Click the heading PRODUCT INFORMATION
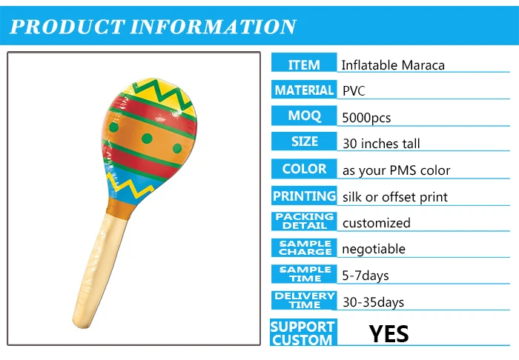tap(153, 27)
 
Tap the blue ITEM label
tap(304, 65)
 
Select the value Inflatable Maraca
tap(393, 65)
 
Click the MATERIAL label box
tap(304, 90)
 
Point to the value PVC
tap(354, 91)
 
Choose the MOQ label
tap(304, 116)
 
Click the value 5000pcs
tap(366, 117)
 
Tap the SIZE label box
tap(304, 141)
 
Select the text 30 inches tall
tap(381, 143)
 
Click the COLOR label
tap(304, 169)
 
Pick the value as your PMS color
tap(396, 170)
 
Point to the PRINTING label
tap(304, 196)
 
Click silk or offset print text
tap(394, 197)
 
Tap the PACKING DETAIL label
tap(304, 221)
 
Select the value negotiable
tap(374, 249)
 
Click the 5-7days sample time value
tap(366, 276)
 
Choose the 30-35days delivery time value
tap(373, 302)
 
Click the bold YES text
tap(389, 333)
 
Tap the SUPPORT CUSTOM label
tap(303, 333)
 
